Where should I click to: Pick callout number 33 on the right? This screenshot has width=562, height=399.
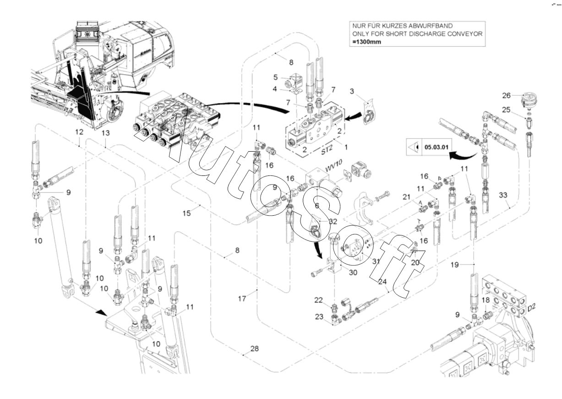503,195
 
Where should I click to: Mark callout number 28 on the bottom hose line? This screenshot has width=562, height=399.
254,349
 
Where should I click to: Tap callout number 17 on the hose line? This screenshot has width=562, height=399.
242,298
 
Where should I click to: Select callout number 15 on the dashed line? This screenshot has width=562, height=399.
186,213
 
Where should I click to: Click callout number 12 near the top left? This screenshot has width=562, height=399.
79,132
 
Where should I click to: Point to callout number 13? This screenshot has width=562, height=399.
106,133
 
